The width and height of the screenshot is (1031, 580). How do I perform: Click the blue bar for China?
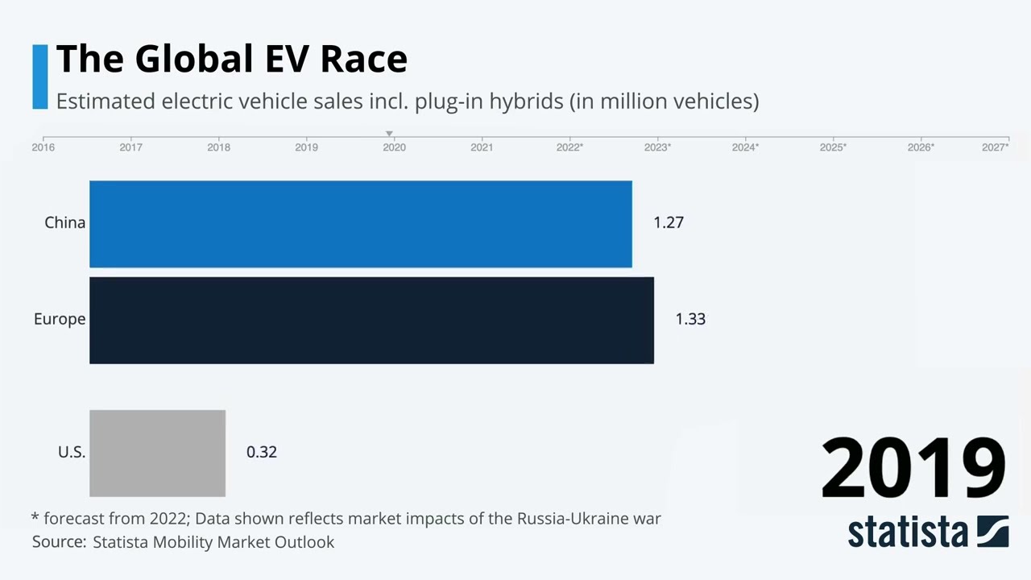[360, 224]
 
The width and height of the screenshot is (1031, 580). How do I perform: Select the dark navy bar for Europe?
[371, 320]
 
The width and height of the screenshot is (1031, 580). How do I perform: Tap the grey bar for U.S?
[157, 453]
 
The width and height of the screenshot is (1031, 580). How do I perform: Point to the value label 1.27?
[668, 222]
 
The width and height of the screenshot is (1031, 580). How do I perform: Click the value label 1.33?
[690, 319]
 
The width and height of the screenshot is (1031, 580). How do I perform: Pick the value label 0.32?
[261, 452]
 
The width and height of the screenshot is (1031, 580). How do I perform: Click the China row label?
[64, 222]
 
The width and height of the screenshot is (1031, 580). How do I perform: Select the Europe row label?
[59, 319]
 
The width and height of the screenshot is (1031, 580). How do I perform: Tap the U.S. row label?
[71, 452]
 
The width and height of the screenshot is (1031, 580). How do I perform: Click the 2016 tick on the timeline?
[43, 147]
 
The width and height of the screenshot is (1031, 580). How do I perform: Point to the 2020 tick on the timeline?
[394, 147]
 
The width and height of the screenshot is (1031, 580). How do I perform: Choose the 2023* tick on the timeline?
[657, 147]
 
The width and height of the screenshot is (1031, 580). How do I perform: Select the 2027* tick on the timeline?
[995, 147]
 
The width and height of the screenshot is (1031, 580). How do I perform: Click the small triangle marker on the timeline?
[389, 134]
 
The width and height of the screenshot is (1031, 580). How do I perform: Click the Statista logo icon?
[992, 532]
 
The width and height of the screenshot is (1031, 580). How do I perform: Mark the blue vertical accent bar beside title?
[40, 77]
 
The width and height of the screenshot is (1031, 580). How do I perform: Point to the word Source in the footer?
[58, 542]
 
